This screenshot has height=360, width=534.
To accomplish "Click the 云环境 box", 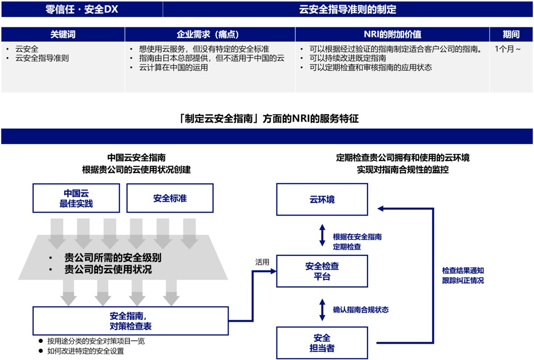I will [x=322, y=199].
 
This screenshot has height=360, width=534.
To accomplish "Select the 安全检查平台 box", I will [x=322, y=271].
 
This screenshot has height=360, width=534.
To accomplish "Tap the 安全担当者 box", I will [x=322, y=343].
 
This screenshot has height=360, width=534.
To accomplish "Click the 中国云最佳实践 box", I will [x=76, y=198].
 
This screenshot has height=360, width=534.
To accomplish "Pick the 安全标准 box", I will [x=170, y=198].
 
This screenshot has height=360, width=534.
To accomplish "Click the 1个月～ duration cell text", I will [x=508, y=49].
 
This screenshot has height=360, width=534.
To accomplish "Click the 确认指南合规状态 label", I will [x=361, y=310].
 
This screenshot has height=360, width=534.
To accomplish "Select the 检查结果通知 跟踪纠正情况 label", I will [x=463, y=275].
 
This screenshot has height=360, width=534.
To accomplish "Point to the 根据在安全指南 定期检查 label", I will [x=357, y=241].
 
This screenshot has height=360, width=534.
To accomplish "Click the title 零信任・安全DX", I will [x=82, y=9].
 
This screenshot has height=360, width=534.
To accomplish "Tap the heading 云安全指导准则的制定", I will [x=348, y=9].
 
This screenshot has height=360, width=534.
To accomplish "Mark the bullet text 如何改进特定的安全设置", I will [x=86, y=351].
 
